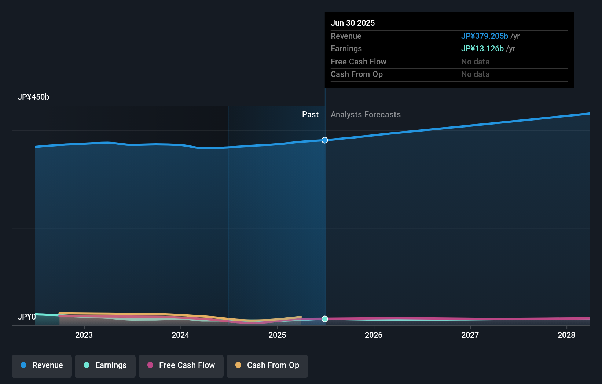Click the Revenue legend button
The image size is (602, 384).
(42, 365)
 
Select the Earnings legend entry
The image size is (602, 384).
(105, 365)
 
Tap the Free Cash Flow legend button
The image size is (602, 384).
(181, 365)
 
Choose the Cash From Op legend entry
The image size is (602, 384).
(267, 365)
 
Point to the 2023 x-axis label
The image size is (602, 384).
(84, 335)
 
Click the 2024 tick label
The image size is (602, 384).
(180, 335)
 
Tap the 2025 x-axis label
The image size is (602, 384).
(277, 335)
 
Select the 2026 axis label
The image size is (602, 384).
(374, 335)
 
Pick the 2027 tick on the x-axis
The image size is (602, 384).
(470, 335)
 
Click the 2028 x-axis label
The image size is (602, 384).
(566, 335)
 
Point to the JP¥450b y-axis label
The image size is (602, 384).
(33, 97)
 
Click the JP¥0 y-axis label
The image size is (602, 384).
(27, 317)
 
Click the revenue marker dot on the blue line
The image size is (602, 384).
(325, 140)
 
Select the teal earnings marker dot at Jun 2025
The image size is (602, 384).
(325, 319)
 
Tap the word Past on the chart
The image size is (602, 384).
(310, 115)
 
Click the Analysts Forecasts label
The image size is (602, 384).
(366, 115)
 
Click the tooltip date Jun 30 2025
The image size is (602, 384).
(353, 23)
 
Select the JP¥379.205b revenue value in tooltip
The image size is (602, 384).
(484, 36)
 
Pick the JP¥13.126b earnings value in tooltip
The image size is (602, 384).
(482, 49)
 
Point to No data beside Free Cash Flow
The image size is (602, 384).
(475, 62)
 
